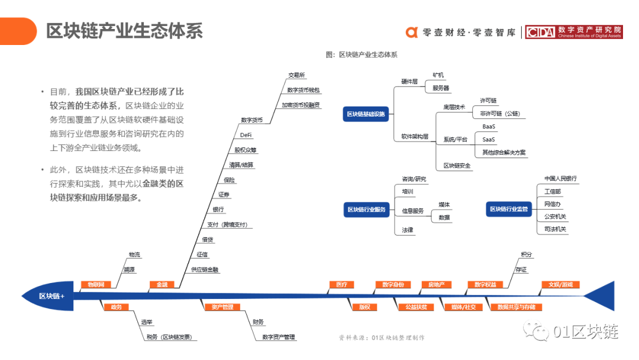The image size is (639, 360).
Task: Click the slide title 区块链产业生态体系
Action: pyautogui.click(x=124, y=31)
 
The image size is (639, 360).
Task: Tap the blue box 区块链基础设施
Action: pyautogui.click(x=366, y=114)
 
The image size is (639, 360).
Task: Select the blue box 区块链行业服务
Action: pyautogui.click(x=366, y=210)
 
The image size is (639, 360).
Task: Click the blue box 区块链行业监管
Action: pyautogui.click(x=508, y=209)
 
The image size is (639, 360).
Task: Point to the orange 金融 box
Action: pyautogui.click(x=162, y=285)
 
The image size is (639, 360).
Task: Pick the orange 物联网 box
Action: pyautogui.click(x=96, y=285)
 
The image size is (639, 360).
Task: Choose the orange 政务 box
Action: pyautogui.click(x=116, y=307)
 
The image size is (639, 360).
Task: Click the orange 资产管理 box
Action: pyautogui.click(x=218, y=307)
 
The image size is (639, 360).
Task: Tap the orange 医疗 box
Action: pyautogui.click(x=341, y=285)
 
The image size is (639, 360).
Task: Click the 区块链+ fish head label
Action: pyautogui.click(x=51, y=296)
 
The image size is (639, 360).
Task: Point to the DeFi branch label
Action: pyautogui.click(x=246, y=135)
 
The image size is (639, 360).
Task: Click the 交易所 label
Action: pyautogui.click(x=296, y=75)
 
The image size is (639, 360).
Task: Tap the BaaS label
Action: pyautogui.click(x=489, y=127)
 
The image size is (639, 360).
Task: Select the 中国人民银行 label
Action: pyautogui.click(x=560, y=178)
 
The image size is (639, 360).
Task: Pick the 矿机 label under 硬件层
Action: pyautogui.click(x=438, y=75)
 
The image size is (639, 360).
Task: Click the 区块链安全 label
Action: pyautogui.click(x=457, y=166)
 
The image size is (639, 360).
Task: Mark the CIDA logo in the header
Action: pyautogui.click(x=540, y=33)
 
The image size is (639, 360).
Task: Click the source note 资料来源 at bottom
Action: pyautogui.click(x=382, y=337)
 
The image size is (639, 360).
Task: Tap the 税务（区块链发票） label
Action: pyautogui.click(x=169, y=337)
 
